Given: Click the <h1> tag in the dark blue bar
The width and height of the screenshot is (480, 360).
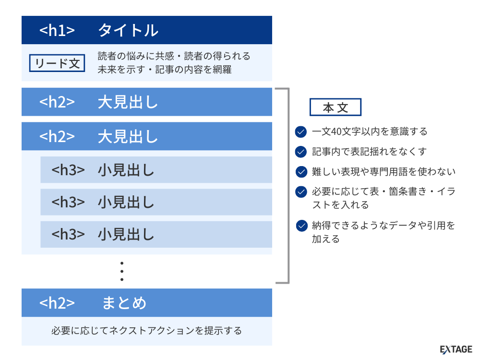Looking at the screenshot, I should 57,30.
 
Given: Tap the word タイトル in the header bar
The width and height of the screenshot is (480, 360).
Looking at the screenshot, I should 128,30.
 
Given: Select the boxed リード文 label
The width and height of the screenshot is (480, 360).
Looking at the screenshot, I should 58,63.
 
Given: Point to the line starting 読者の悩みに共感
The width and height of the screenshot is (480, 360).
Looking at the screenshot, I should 174,56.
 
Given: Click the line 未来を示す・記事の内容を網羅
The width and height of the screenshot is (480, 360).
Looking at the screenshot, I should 164,70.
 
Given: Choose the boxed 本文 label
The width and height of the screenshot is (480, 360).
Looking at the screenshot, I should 335,108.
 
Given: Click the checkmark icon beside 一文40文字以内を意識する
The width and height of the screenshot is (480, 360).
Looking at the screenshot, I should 301,132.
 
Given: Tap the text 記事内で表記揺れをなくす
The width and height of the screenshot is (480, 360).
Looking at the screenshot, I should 369,152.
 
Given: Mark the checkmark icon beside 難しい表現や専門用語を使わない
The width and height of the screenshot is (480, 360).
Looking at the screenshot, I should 301,172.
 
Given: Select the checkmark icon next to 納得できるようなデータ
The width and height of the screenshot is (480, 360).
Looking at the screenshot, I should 301,226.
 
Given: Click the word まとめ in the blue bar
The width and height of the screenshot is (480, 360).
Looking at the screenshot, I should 124,303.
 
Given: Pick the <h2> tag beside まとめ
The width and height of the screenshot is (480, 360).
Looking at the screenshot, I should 57,303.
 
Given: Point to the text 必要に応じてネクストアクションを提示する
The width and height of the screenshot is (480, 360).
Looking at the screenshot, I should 146,331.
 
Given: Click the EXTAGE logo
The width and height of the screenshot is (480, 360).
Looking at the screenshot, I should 456,349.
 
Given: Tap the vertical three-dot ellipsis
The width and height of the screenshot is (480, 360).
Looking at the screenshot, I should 122,271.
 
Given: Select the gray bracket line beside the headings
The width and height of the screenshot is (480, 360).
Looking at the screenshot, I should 288,185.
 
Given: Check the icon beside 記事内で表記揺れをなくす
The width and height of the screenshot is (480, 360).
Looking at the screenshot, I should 301,152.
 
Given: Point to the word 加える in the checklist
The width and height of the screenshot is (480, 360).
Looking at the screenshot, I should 325,239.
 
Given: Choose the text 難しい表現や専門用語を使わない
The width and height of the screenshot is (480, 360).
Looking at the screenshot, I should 384,172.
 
